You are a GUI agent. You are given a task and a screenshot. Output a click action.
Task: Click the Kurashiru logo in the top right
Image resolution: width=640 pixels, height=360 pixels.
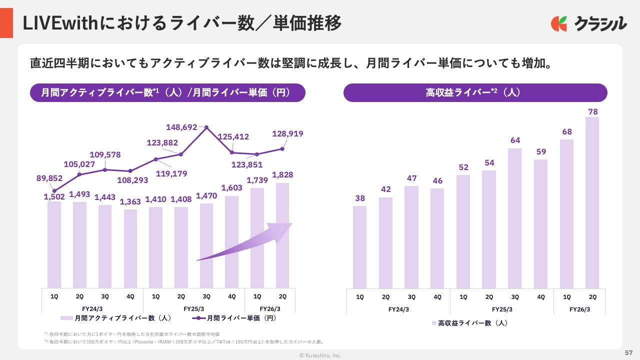[x=589, y=23]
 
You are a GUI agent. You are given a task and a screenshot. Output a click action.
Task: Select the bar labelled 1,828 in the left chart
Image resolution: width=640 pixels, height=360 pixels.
[x=282, y=235]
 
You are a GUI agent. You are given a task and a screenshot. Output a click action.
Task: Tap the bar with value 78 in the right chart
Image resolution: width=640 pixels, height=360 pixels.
[x=592, y=202]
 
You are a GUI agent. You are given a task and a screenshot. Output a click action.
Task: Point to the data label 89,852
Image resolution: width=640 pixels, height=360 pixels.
[x=49, y=178]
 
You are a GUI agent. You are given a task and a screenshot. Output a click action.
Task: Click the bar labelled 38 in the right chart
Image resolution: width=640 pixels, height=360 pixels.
[x=359, y=247]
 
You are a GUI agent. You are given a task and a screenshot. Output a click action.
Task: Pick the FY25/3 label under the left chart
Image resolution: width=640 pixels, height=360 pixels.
[x=193, y=309]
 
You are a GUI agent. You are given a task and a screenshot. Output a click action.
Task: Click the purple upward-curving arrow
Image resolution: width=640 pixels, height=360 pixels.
[x=245, y=242]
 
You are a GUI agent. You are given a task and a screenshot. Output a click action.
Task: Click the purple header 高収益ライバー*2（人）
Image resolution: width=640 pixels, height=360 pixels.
[x=475, y=93]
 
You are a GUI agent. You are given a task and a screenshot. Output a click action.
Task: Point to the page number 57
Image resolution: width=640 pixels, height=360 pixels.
[x=629, y=352]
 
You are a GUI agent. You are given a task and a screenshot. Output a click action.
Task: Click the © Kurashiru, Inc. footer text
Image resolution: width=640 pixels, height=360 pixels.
[x=320, y=355]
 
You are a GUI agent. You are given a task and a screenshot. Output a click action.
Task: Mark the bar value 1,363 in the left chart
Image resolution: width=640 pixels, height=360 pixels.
[x=130, y=202]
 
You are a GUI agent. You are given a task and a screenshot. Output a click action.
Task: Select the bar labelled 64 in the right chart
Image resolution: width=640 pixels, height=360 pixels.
[x=515, y=218]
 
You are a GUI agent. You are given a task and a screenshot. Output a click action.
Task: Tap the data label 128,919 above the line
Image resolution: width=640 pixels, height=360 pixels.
[x=287, y=134]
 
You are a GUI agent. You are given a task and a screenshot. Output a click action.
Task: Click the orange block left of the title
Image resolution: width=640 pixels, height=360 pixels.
[x=6, y=22]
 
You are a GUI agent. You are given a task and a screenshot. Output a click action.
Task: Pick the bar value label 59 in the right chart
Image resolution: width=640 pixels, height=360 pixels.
[x=540, y=152]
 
